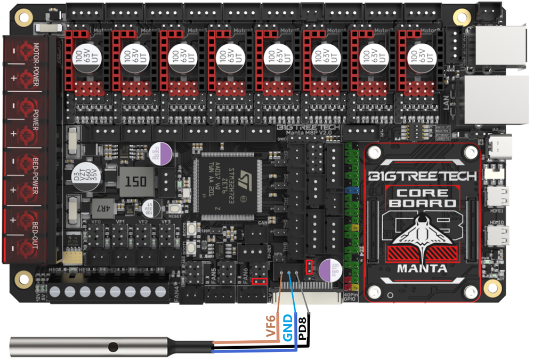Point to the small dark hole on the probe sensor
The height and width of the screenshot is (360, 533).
pyautogui.click(x=111, y=347)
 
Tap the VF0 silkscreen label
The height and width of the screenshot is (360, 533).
pyautogui.click(x=96, y=222)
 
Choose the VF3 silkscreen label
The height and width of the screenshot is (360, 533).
pyautogui.click(x=166, y=222)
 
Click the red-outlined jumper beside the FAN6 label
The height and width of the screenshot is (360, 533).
pyautogui.click(x=260, y=281)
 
